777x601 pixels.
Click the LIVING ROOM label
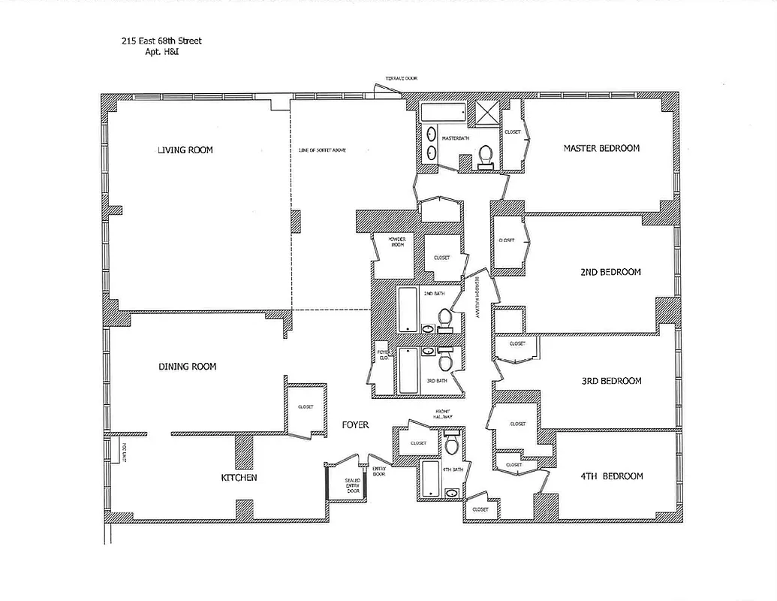185,150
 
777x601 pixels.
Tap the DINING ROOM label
187,367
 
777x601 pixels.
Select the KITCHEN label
239,478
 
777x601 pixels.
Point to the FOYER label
355,425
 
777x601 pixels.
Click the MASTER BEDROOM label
601,149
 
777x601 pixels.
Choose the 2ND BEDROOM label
610,272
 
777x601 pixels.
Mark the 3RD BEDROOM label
611,381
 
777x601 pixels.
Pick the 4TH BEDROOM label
613,476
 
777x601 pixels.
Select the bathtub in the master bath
442,113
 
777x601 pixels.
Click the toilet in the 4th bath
451,445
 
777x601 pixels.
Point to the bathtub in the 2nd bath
406,309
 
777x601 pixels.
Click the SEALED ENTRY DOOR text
352,485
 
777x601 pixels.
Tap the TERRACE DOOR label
401,78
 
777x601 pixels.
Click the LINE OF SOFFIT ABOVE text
322,150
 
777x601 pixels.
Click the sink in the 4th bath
451,493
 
